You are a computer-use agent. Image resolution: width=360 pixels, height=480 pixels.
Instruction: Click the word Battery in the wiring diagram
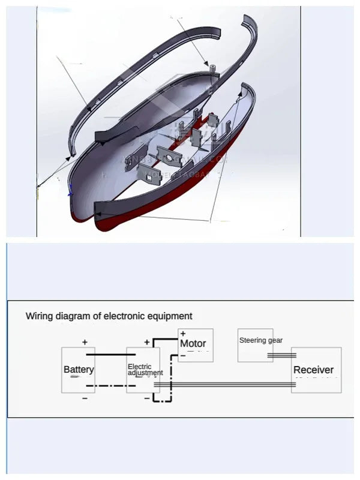tap(79, 369)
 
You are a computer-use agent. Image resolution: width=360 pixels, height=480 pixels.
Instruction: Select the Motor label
tap(193, 344)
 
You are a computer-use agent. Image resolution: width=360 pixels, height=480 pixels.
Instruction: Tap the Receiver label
tap(313, 370)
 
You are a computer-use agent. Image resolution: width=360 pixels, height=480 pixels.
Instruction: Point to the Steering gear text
tap(260, 340)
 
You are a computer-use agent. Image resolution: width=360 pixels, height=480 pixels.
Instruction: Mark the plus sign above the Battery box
tap(85, 342)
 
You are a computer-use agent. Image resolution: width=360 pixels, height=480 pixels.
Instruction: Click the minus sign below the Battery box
tap(85, 398)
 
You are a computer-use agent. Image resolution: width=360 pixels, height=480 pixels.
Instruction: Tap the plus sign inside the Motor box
tap(183, 334)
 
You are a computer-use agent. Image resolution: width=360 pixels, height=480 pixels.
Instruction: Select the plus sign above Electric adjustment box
tap(147, 342)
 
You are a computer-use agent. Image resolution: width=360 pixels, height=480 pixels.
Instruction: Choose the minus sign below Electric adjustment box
tap(147, 398)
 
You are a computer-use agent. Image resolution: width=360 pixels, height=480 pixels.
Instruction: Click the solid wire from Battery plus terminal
tap(111, 354)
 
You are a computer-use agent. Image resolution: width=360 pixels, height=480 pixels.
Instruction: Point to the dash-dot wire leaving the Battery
tap(111, 385)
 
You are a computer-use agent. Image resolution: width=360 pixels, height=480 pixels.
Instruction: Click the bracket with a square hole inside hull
tap(148, 175)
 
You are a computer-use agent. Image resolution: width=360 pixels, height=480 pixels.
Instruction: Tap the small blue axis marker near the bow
tap(70, 191)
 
